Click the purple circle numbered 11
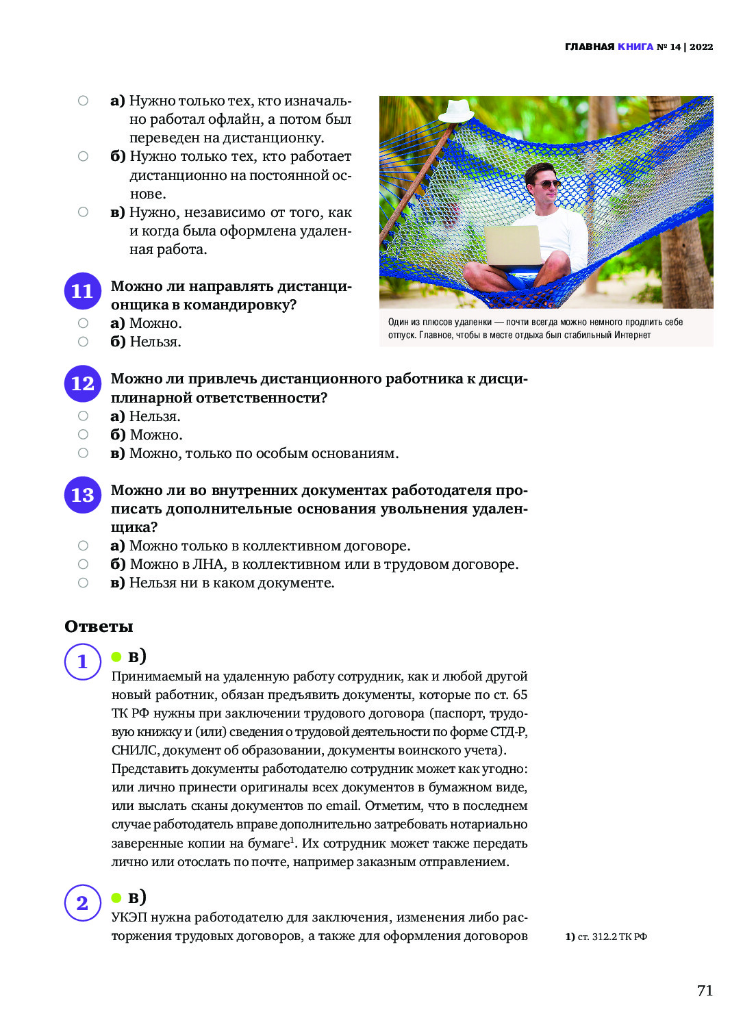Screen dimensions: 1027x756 pyautogui.click(x=82, y=291)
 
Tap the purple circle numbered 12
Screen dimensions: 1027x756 pyautogui.click(x=82, y=383)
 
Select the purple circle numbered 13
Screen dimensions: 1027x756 pyautogui.click(x=82, y=494)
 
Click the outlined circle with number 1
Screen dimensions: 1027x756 pyautogui.click(x=83, y=661)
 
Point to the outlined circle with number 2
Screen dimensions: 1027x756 pyautogui.click(x=83, y=902)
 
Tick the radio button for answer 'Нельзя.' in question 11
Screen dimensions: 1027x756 pyautogui.click(x=83, y=342)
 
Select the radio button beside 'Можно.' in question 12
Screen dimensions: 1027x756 pyautogui.click(x=83, y=434)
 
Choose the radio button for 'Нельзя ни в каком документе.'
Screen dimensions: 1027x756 pyautogui.click(x=83, y=583)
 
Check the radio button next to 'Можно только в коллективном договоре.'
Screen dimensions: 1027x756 pyautogui.click(x=83, y=546)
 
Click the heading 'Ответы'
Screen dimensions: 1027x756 pyautogui.click(x=99, y=626)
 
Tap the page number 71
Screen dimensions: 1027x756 pyautogui.click(x=705, y=990)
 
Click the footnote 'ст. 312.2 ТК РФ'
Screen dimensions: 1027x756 pyautogui.click(x=612, y=937)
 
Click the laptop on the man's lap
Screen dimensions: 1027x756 pyautogui.click(x=514, y=246)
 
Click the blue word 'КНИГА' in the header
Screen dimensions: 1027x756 pyautogui.click(x=635, y=47)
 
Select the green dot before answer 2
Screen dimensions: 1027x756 pyautogui.click(x=116, y=898)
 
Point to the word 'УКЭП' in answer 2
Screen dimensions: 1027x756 pyautogui.click(x=129, y=917)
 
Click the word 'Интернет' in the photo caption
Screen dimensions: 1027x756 pyautogui.click(x=632, y=335)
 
